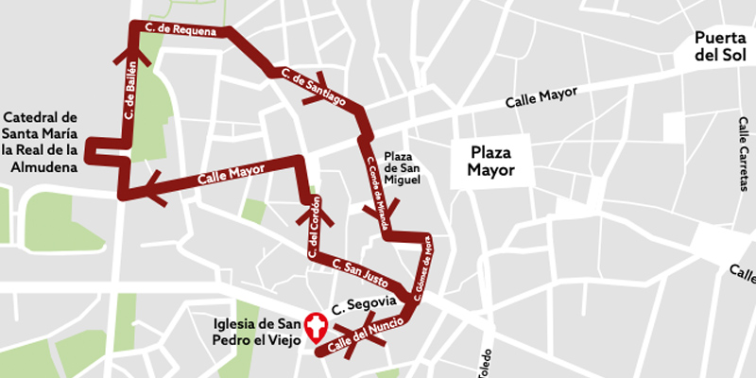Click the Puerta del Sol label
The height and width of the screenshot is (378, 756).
pos(720,46)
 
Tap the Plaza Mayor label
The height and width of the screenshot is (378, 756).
pos(492,162)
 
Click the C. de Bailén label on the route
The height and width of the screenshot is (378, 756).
pos(131,93)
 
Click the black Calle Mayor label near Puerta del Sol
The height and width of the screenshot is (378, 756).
pos(541,98)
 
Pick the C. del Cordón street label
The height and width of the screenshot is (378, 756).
pos(316,228)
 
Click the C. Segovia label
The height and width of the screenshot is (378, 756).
pos(356,305)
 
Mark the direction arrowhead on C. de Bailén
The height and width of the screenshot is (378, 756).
pos(129,52)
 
